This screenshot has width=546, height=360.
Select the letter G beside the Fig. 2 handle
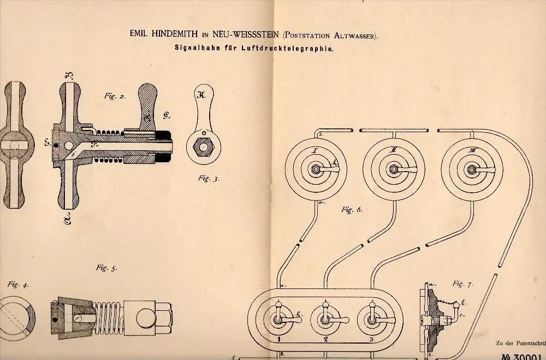click(x=166, y=115)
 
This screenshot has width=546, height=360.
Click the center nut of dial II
click(x=393, y=169)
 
